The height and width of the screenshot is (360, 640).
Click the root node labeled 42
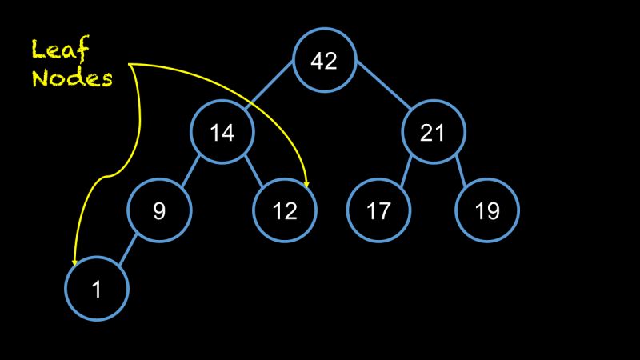click(x=323, y=61)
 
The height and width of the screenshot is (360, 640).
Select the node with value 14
click(x=222, y=132)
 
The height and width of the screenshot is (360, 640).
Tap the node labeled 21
click(x=432, y=132)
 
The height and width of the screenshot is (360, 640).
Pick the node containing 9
click(x=159, y=211)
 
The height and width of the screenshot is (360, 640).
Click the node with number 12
click(x=285, y=211)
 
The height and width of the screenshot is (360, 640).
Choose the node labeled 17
click(x=378, y=211)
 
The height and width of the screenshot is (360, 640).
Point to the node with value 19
click(x=487, y=211)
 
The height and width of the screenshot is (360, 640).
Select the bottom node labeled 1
click(x=96, y=290)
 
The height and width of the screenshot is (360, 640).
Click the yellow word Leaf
click(x=61, y=50)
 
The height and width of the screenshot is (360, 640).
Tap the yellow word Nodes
click(x=72, y=78)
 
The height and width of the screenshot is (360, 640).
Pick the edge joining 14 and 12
click(x=254, y=170)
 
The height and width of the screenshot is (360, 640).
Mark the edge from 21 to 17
click(x=406, y=170)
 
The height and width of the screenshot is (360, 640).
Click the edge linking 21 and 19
click(x=459, y=170)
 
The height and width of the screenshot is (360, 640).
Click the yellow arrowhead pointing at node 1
click(x=74, y=261)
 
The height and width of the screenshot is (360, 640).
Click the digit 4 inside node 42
click(x=317, y=61)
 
